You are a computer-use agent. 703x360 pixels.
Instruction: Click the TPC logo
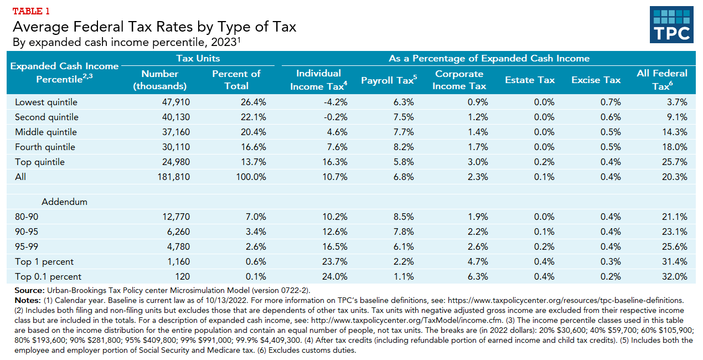point(671,25)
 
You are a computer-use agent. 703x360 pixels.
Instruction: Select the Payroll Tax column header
point(388,80)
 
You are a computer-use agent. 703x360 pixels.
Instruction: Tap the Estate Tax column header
point(529,80)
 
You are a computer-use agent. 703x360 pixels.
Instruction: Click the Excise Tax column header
point(596,80)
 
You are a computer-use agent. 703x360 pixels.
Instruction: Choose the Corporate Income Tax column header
point(459,80)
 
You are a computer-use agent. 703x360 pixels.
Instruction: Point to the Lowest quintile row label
point(46,102)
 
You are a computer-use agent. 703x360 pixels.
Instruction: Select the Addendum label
point(64,202)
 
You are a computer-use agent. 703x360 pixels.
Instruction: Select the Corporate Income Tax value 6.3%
point(477,276)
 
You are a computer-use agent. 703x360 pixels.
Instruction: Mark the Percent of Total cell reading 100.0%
point(250,177)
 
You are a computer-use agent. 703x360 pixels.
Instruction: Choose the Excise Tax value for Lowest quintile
point(611,102)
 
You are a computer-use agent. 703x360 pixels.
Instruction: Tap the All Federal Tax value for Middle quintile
point(674,132)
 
